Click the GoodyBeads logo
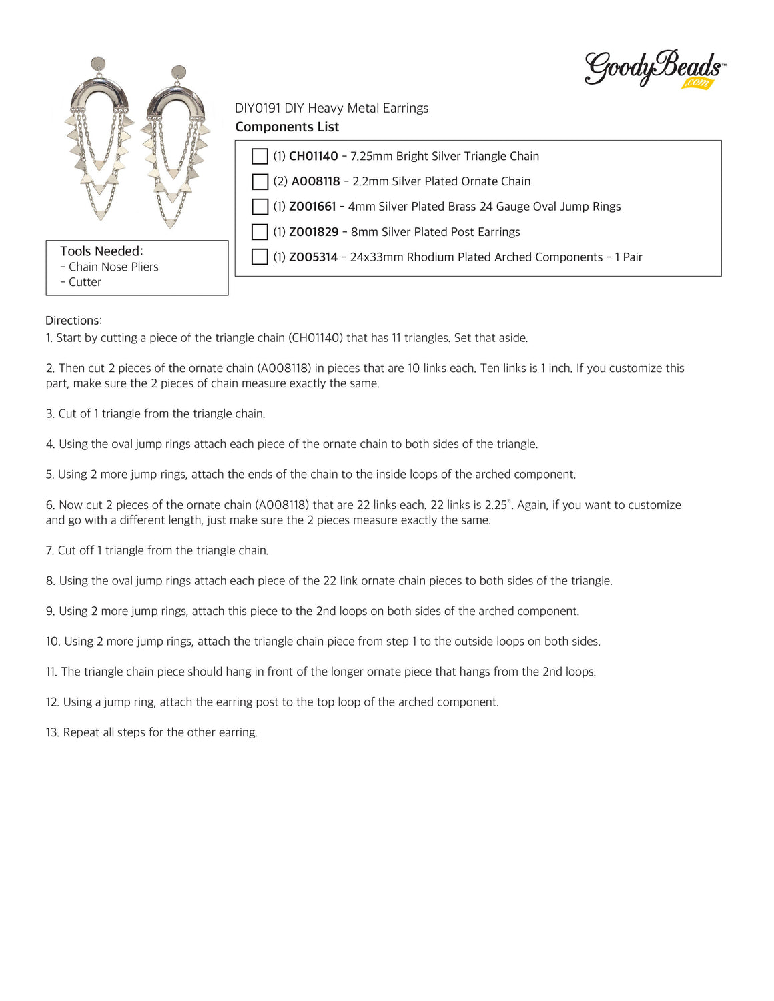click(x=654, y=68)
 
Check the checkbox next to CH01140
click(x=260, y=156)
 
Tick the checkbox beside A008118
click(x=260, y=181)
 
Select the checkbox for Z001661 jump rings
click(x=260, y=207)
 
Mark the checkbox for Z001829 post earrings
click(x=260, y=232)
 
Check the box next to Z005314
click(x=260, y=257)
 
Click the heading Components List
click(x=287, y=127)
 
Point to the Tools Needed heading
click(x=101, y=251)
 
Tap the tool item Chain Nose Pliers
click(x=113, y=267)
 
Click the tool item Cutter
click(x=85, y=282)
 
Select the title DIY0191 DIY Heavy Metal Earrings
click(x=332, y=108)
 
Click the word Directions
click(x=73, y=321)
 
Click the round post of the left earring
click(x=98, y=64)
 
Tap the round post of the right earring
click(x=179, y=72)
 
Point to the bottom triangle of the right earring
click(x=171, y=223)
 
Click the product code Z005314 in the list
click(x=313, y=257)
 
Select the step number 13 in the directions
click(x=53, y=732)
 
